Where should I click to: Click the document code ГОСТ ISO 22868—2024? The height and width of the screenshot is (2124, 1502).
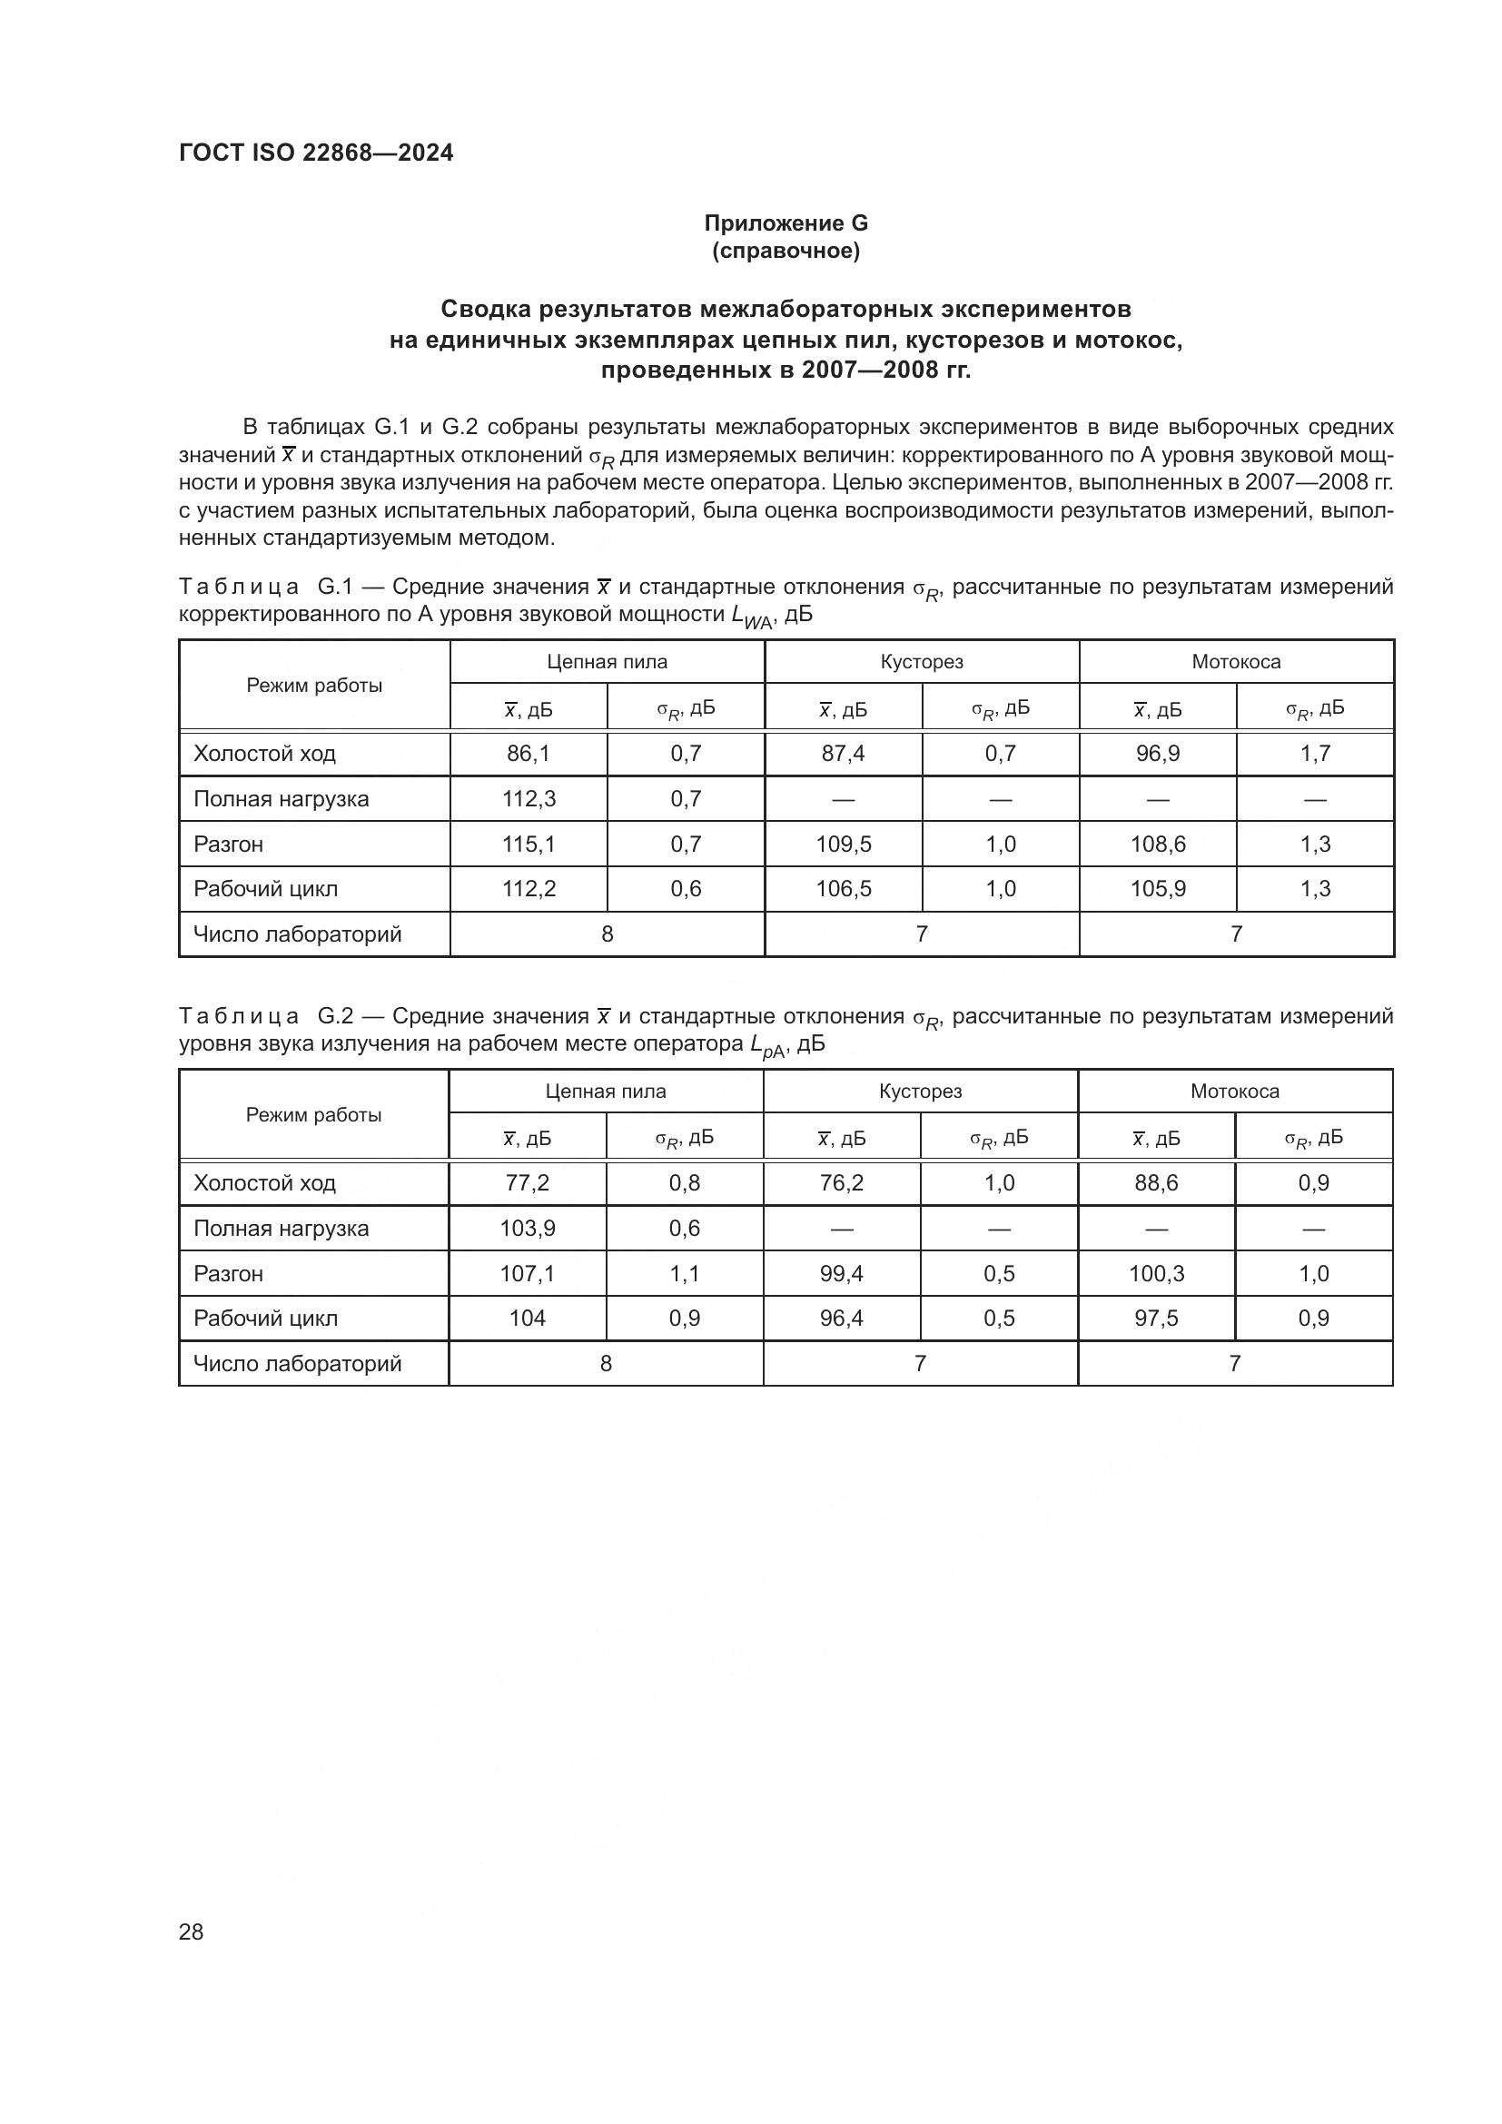point(315,153)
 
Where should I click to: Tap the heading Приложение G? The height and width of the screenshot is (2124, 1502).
point(786,223)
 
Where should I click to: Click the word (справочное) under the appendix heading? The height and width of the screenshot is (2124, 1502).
point(786,251)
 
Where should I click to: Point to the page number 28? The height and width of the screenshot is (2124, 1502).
point(191,1931)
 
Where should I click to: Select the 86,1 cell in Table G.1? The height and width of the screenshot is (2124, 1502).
point(529,753)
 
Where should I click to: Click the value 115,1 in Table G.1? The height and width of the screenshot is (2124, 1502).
point(529,844)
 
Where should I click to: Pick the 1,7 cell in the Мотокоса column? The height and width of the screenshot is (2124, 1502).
point(1314,753)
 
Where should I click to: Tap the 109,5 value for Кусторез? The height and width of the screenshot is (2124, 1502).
point(843,844)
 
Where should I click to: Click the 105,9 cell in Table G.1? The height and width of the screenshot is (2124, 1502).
point(1157,888)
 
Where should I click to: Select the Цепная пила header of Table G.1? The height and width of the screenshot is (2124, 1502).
point(607,661)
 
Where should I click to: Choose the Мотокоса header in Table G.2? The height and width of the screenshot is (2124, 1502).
point(1235,1091)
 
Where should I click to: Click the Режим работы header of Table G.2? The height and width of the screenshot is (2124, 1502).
point(313,1115)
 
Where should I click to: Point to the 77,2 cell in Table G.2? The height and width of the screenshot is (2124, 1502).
point(528,1182)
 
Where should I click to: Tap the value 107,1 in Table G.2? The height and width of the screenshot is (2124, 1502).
point(528,1273)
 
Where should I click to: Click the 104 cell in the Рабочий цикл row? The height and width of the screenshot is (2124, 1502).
point(528,1318)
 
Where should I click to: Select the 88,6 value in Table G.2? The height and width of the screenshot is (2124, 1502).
point(1156,1182)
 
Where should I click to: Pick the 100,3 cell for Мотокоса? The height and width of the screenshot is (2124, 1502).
point(1156,1273)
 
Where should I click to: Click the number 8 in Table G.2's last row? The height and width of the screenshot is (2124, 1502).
point(606,1363)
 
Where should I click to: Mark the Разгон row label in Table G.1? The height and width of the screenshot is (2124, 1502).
point(229,844)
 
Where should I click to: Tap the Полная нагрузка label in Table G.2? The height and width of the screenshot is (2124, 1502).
point(282,1228)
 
